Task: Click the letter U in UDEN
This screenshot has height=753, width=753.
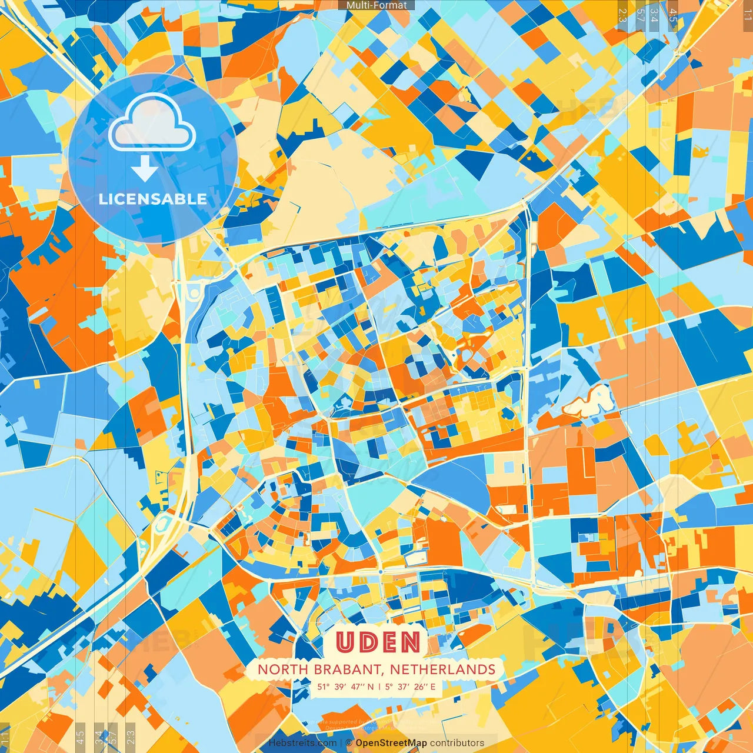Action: click(346, 642)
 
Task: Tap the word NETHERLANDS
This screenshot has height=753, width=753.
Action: click(442, 669)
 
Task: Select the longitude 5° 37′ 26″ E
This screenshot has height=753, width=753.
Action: click(411, 687)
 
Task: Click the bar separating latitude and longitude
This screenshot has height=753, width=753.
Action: click(379, 687)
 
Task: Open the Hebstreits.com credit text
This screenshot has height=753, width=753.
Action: click(302, 743)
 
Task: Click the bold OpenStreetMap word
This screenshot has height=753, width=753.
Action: click(391, 743)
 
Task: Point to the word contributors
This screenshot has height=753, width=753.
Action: click(457, 743)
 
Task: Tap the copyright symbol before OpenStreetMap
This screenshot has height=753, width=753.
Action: click(349, 743)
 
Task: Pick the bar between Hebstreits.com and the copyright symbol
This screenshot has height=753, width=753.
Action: click(341, 743)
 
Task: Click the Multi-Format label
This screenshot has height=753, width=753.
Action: click(376, 5)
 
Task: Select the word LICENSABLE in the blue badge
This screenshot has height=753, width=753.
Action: click(153, 199)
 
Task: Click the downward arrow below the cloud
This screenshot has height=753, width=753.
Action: click(144, 169)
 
